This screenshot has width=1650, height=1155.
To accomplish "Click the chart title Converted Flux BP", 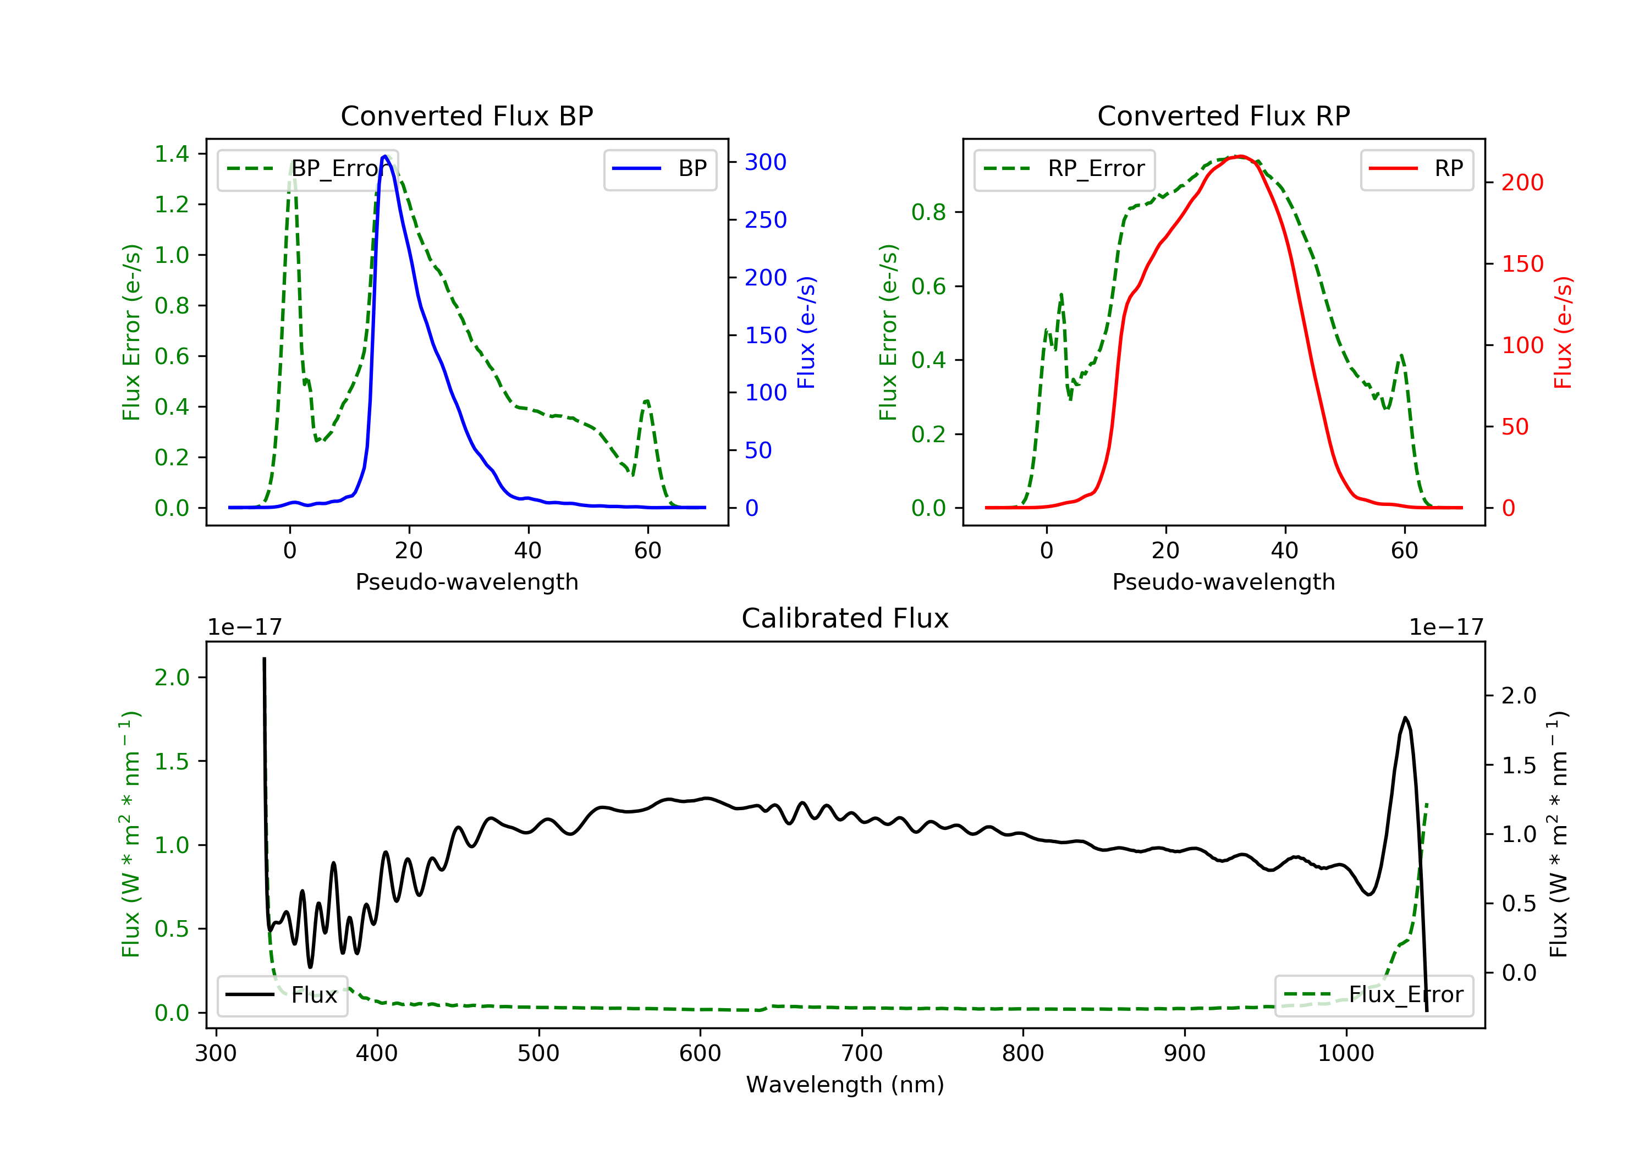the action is [466, 116].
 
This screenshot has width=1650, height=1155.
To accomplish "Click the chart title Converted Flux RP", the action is [1223, 116].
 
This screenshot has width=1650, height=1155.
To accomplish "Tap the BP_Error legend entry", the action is [307, 169].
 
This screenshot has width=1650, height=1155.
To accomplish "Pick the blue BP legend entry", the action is [659, 169].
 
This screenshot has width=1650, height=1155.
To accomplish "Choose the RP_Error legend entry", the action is [1064, 169].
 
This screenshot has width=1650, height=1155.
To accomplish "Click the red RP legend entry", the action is [1416, 169].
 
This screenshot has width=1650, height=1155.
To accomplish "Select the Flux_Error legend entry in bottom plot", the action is [1373, 995].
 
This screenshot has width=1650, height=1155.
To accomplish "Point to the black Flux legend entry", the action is [282, 995].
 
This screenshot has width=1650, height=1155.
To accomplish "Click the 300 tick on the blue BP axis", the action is [766, 162].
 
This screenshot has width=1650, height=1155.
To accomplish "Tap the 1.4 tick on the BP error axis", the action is [172, 154].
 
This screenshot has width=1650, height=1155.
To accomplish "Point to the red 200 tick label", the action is [1522, 183].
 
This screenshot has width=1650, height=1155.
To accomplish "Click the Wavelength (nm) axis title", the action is [845, 1085].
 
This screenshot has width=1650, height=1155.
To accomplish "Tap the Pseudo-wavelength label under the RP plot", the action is [1223, 581].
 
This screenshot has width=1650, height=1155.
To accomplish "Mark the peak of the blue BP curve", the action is [385, 156].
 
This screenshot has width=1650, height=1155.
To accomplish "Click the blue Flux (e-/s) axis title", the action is [806, 332].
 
